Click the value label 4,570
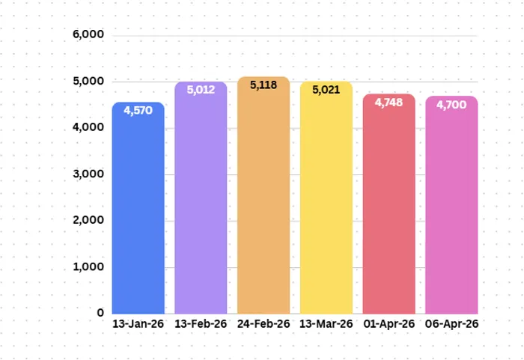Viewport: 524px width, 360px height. point(138,110)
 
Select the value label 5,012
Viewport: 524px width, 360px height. point(201,90)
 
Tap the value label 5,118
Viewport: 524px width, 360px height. point(263,85)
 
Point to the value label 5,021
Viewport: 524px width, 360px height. point(326,89)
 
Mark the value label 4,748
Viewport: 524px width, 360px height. point(389,102)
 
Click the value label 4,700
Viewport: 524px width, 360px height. point(451,104)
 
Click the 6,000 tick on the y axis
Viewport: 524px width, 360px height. point(88,35)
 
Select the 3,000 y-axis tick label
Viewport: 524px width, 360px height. point(88,174)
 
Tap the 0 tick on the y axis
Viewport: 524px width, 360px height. point(100,312)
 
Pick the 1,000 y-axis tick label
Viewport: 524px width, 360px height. point(88,266)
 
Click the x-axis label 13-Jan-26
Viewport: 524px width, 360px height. point(138,324)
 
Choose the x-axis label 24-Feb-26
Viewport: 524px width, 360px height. point(263,324)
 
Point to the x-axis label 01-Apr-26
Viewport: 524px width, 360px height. point(389,324)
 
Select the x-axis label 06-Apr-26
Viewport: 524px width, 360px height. point(451,324)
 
